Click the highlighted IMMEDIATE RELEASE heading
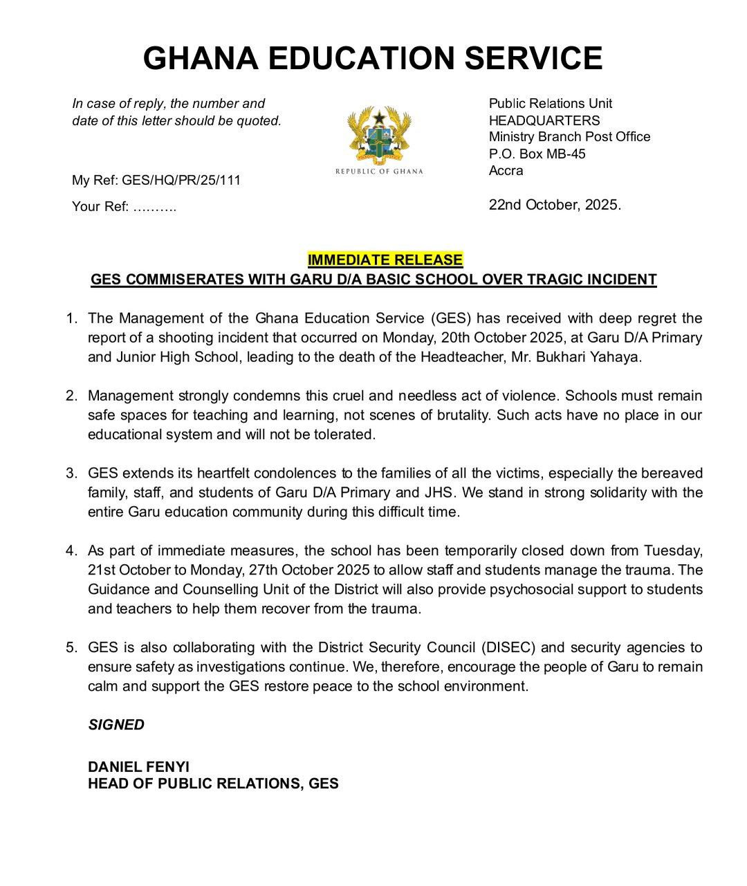point(385,260)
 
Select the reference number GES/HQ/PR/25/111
point(181,181)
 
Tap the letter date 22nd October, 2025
point(555,205)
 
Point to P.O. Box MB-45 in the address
point(537,154)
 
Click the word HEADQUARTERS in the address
point(544,120)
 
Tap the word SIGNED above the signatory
point(116,725)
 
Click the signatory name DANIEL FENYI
point(138,767)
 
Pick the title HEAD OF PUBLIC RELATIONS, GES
point(213,784)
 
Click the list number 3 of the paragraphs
point(71,473)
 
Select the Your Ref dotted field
point(154,207)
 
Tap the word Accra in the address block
point(506,170)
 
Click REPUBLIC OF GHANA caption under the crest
point(379,172)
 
